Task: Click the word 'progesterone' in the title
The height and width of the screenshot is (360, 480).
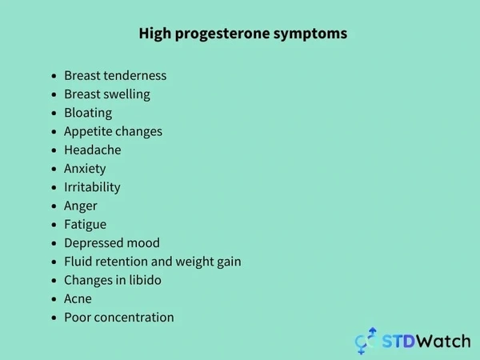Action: pos(222,34)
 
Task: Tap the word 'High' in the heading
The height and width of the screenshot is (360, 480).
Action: pos(155,34)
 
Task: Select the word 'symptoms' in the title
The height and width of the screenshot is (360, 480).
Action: pos(310,34)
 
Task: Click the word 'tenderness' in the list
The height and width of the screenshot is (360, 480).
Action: pos(136,76)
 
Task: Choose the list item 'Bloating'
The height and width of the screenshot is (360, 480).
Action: pos(88,113)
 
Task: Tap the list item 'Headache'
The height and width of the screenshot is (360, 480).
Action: pos(93,150)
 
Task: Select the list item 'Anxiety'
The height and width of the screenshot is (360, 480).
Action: pos(85,169)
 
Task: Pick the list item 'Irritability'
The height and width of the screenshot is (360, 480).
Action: pos(92,187)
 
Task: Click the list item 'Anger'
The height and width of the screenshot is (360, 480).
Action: pos(81,206)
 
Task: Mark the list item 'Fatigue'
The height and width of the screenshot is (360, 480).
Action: pos(85,225)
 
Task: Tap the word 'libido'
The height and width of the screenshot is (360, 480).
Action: pos(145,280)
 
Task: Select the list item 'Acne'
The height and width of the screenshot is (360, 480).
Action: pos(78,298)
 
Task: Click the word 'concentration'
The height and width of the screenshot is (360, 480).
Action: pos(134,318)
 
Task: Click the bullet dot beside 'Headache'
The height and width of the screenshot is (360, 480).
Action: pos(54,150)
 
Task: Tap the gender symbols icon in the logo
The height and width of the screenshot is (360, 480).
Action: pos(366,341)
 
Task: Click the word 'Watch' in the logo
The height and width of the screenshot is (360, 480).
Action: pos(443,341)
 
